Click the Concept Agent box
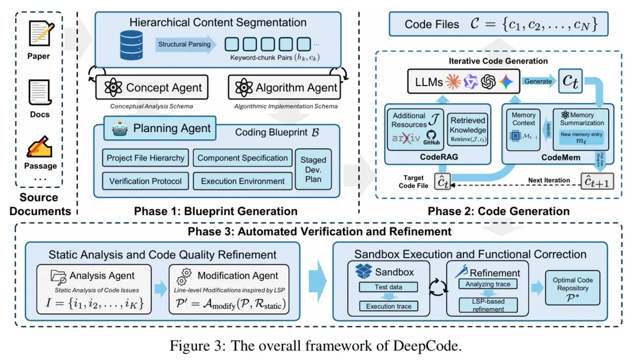152,88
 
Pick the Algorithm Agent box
285,88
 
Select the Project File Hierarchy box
146,158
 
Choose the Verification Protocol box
146,181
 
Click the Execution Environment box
243,181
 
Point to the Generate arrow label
537,81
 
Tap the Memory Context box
524,131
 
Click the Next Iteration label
549,181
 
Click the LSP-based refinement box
487,305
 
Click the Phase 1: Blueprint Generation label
216,211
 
